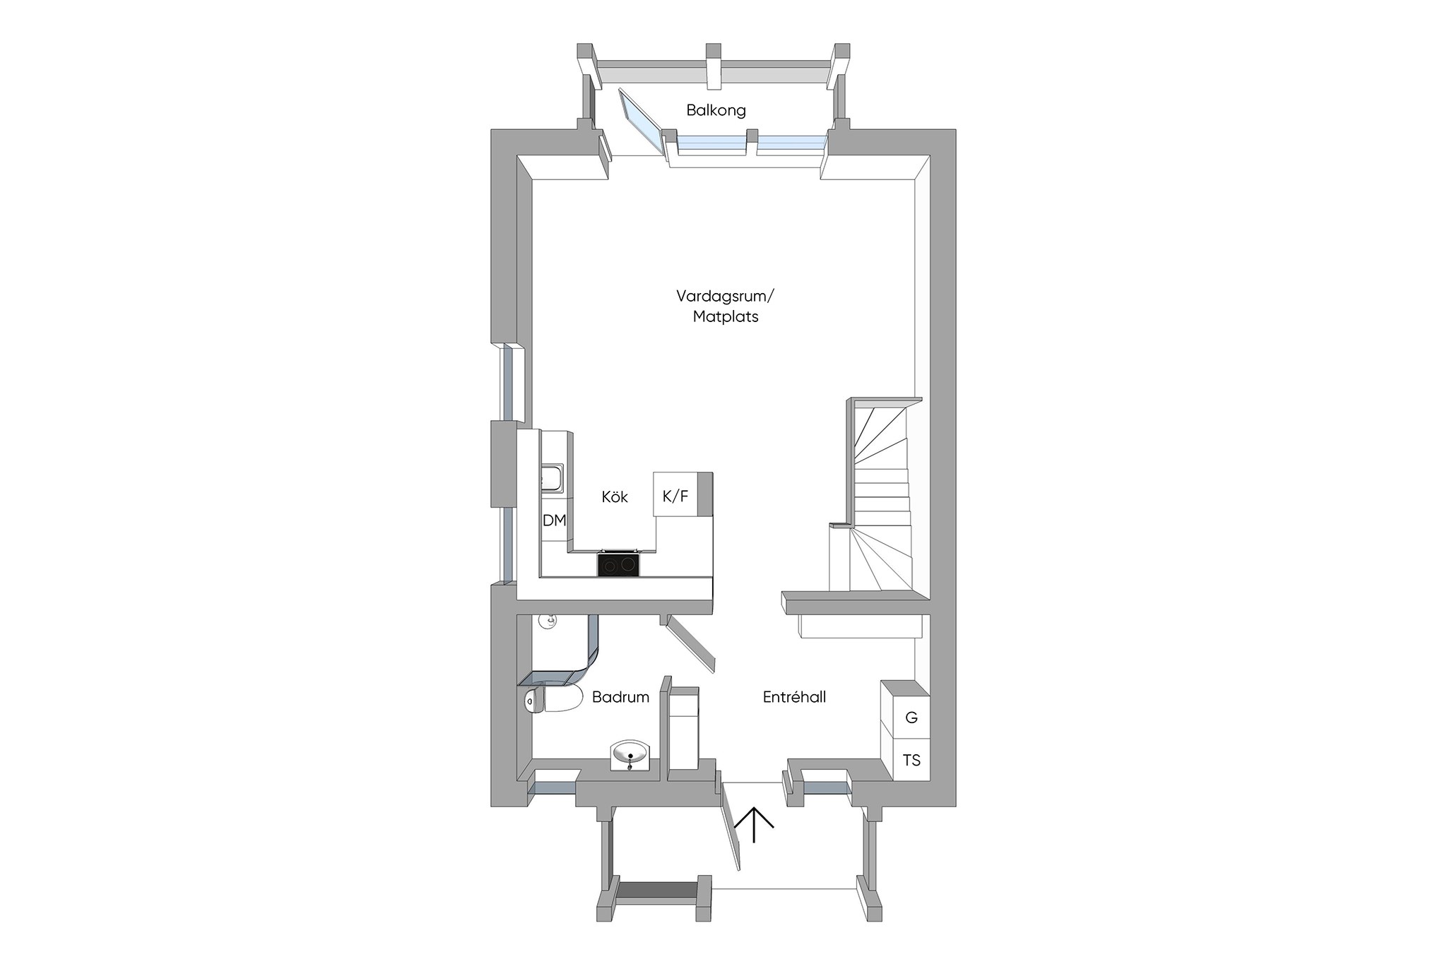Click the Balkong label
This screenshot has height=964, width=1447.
click(x=716, y=111)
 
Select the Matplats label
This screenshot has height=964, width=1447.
click(x=725, y=317)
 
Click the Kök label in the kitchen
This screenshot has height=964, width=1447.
click(x=615, y=496)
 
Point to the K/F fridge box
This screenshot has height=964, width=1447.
click(x=675, y=494)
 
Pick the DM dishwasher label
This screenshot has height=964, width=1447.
click(x=555, y=520)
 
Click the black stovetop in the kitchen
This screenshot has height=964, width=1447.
click(x=619, y=564)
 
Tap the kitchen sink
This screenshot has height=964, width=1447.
click(x=552, y=477)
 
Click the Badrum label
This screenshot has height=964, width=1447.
click(x=620, y=697)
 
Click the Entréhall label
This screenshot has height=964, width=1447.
click(x=794, y=697)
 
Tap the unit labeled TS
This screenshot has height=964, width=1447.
click(x=911, y=759)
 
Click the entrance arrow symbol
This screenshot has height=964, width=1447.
click(x=755, y=825)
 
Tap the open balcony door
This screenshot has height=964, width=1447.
click(x=642, y=122)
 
